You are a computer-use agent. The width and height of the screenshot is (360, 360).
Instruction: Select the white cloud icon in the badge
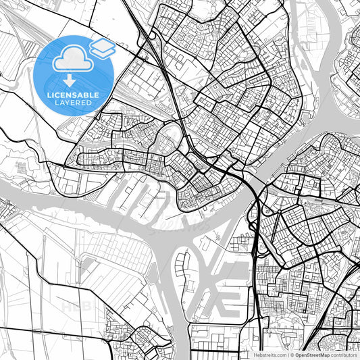pos(72,59)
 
